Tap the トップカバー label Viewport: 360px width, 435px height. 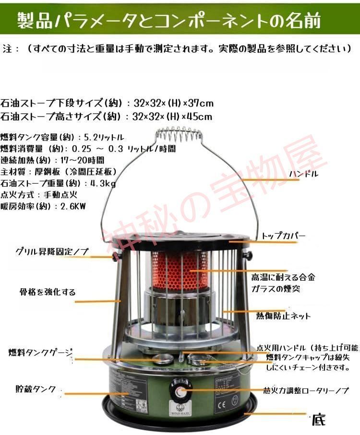pyautogui.click(x=283, y=236)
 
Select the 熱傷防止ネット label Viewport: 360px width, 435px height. pyautogui.click(x=283, y=316)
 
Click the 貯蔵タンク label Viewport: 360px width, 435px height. pyautogui.click(x=36, y=388)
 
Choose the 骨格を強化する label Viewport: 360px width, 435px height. pyautogui.click(x=47, y=292)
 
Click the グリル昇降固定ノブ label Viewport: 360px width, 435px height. pyautogui.click(x=52, y=251)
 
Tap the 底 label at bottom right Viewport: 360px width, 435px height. pyautogui.click(x=318, y=421)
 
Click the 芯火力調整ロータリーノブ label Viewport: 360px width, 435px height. pyautogui.click(x=306, y=391)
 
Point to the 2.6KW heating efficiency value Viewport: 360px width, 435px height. pyautogui.click(x=72, y=206)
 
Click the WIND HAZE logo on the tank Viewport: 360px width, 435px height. pyautogui.click(x=180, y=411)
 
